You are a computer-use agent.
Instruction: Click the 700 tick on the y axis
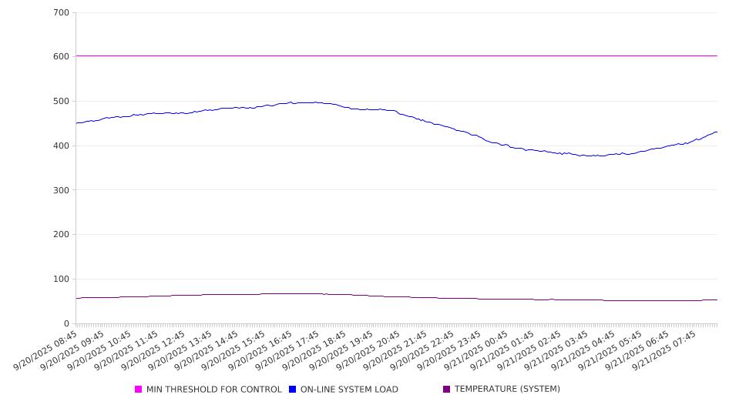coord(62,13)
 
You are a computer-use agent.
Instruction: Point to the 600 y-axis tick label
coord(62,57)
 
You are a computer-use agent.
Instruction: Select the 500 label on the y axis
coord(62,102)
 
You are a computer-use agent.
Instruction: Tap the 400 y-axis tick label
coord(62,146)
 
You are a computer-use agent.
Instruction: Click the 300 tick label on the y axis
coord(62,190)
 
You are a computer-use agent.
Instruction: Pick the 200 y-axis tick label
coord(62,235)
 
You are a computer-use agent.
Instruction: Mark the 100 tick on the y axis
coord(62,279)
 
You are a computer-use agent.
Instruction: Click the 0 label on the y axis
coord(67,324)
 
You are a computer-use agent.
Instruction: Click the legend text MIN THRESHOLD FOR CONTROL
coord(213,390)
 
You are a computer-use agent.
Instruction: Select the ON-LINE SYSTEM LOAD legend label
coord(349,390)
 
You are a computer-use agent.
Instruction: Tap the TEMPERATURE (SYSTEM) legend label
coord(507,390)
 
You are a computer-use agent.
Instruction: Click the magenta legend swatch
coord(139,390)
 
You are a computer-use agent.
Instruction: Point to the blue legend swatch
coord(293,390)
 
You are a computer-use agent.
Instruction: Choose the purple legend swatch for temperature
coord(447,390)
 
